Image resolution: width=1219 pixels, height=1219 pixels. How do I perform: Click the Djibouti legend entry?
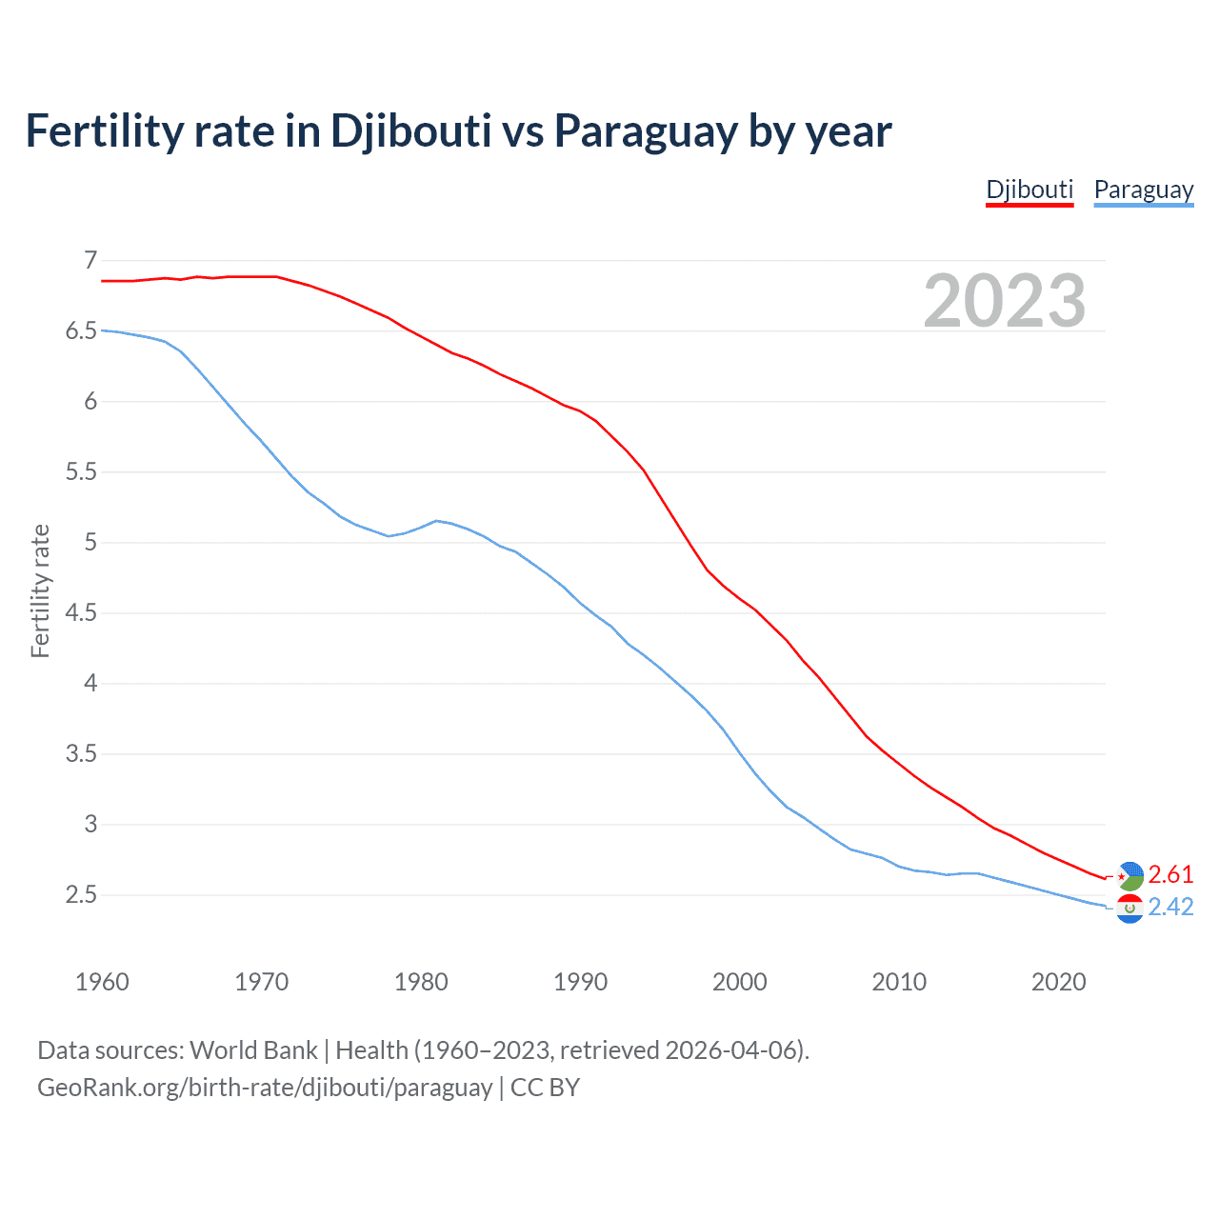pos(1029,190)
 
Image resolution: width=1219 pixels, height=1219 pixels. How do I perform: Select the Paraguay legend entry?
pos(1143,190)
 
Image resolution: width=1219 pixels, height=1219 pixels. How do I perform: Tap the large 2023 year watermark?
pos(1004,301)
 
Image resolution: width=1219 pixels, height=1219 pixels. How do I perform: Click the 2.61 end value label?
pos(1170,874)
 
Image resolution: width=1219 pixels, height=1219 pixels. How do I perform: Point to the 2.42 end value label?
pos(1170,907)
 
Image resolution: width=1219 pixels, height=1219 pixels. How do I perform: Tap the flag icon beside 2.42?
pos(1129,909)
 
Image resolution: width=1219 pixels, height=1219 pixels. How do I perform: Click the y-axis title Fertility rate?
pos(40,590)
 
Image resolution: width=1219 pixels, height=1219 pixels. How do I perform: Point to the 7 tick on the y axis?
pos(90,260)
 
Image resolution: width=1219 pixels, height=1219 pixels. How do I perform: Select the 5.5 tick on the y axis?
pos(82,471)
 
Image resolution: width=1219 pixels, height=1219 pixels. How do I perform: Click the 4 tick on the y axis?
pos(90,683)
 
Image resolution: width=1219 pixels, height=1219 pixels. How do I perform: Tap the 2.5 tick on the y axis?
pos(82,894)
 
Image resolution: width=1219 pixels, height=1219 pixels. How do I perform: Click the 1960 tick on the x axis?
pos(102,982)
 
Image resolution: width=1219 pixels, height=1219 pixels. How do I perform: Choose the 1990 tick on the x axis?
pos(580,982)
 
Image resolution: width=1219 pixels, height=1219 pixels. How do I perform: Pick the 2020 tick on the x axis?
pos(1058,982)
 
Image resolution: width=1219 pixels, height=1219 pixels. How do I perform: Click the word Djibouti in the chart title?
pos(410,130)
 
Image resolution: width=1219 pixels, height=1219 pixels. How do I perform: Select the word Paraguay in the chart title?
pos(646,130)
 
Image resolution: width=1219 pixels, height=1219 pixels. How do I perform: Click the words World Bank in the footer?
pos(253,1050)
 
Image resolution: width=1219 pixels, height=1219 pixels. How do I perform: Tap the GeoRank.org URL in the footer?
pos(265,1088)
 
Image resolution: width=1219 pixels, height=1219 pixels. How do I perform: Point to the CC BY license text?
pos(545,1088)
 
